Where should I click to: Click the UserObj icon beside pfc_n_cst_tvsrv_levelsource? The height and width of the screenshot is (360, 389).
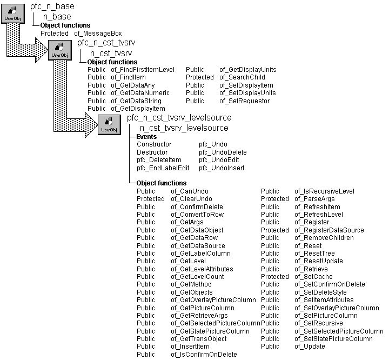coord(109,125)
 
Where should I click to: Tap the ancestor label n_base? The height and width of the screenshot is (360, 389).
coord(57,17)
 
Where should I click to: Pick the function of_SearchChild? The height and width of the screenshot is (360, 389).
coord(241,77)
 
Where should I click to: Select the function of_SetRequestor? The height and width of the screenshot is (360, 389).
coord(244,101)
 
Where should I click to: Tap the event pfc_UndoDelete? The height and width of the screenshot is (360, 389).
coord(223,152)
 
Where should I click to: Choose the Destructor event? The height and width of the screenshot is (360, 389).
coord(152,152)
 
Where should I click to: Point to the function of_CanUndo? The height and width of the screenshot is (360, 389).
coord(190,191)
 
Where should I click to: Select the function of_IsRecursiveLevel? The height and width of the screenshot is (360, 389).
coord(324,191)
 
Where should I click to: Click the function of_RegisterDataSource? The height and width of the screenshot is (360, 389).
coord(329,230)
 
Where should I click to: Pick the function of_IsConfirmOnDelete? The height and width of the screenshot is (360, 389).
coord(204,355)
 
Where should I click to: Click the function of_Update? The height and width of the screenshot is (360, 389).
coord(310,346)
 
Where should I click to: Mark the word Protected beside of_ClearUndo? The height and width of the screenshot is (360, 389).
coord(151,199)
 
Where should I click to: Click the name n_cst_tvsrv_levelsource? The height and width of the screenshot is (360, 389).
coord(184,128)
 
